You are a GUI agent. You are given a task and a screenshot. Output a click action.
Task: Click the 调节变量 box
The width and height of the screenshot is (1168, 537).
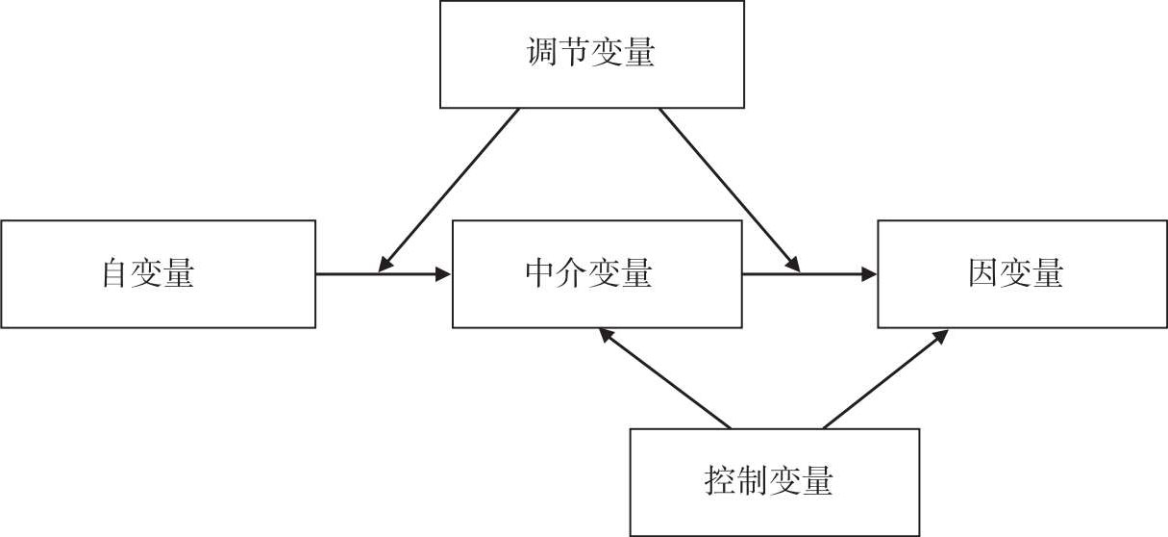591,54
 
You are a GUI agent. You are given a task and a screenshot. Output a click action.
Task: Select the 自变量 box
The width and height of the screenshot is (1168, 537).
158,274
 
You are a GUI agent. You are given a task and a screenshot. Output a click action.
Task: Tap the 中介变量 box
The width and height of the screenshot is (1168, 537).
596,274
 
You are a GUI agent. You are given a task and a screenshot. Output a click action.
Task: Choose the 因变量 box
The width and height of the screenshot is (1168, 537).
1022,274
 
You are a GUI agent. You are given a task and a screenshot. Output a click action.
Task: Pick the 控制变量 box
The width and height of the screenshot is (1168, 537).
774,481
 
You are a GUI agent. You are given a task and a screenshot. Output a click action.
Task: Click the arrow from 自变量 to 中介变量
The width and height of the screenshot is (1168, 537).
385,274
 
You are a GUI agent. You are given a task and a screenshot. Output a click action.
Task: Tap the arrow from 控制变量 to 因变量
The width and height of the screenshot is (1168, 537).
884,380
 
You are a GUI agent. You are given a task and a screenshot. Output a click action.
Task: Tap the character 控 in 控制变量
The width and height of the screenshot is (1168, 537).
720,480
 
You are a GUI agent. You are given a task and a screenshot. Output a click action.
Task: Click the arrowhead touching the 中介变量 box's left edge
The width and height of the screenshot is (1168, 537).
442,274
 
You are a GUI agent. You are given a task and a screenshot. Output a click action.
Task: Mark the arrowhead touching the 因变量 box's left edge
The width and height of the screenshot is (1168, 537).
868,274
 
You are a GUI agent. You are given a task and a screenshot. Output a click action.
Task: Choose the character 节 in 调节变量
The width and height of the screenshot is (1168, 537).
575,53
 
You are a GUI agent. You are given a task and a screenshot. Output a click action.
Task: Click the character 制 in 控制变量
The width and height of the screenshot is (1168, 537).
753,480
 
